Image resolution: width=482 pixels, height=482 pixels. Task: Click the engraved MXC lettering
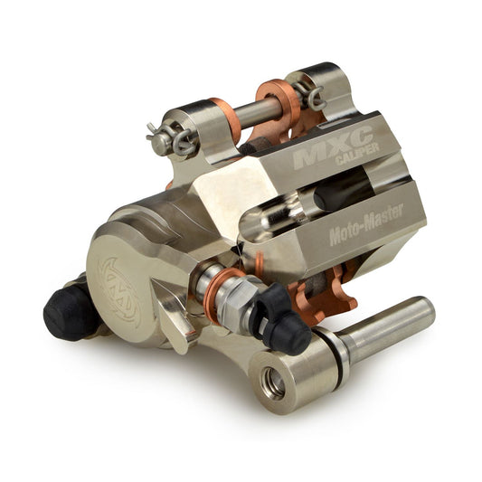pos(333,147)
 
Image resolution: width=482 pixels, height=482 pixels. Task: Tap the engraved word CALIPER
pos(357,154)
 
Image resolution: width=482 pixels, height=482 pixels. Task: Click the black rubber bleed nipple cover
pos(284,320)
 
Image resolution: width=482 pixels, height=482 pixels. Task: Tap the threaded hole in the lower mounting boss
pos(273,383)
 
